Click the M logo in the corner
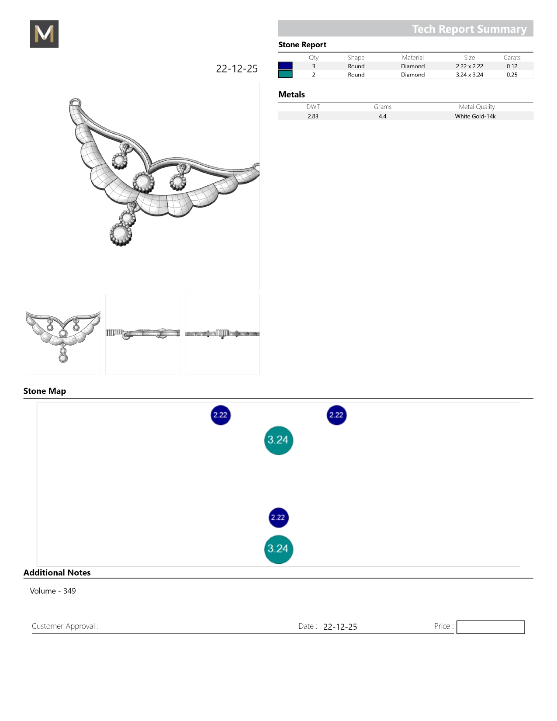point(44,34)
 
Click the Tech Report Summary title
point(469,29)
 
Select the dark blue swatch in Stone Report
point(285,66)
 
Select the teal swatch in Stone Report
point(285,74)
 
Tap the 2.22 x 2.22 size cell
point(469,66)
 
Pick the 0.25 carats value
point(512,75)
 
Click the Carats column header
point(512,57)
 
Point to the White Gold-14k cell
point(475,116)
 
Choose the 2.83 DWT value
point(312,116)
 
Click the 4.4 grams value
point(382,116)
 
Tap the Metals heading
point(291,94)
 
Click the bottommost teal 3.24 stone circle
point(278,549)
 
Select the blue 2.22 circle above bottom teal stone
point(278,517)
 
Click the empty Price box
point(490,627)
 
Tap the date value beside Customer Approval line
point(340,627)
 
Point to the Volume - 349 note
point(53,591)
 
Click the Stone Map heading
point(45,391)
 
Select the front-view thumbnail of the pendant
point(63,334)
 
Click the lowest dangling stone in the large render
point(121,235)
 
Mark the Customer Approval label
point(65,626)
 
